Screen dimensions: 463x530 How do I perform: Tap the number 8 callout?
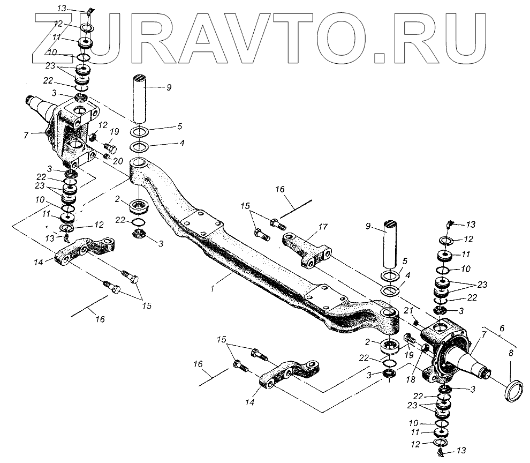click(x=510, y=354)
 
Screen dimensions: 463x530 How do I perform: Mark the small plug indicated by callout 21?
click(x=417, y=322)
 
